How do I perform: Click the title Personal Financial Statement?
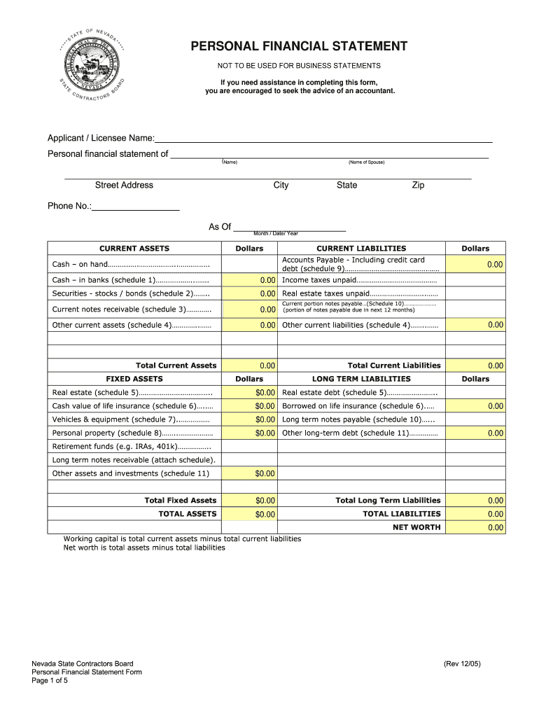point(300,47)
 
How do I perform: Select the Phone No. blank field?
point(136,206)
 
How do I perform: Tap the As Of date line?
point(289,226)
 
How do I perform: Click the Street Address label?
point(124,185)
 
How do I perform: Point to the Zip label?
point(418,185)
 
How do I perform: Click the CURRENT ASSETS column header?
point(134,249)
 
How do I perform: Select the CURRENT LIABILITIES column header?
point(361,249)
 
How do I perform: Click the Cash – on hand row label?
point(131,265)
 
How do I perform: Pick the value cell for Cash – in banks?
point(249,280)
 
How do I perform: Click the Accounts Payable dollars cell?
point(475,264)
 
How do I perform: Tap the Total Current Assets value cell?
point(249,366)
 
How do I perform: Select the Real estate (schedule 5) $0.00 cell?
point(249,393)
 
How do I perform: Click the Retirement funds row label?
point(132,447)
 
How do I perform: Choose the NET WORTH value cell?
point(475,527)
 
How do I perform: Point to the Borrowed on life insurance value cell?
point(475,406)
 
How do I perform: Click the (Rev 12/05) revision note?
point(461,663)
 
